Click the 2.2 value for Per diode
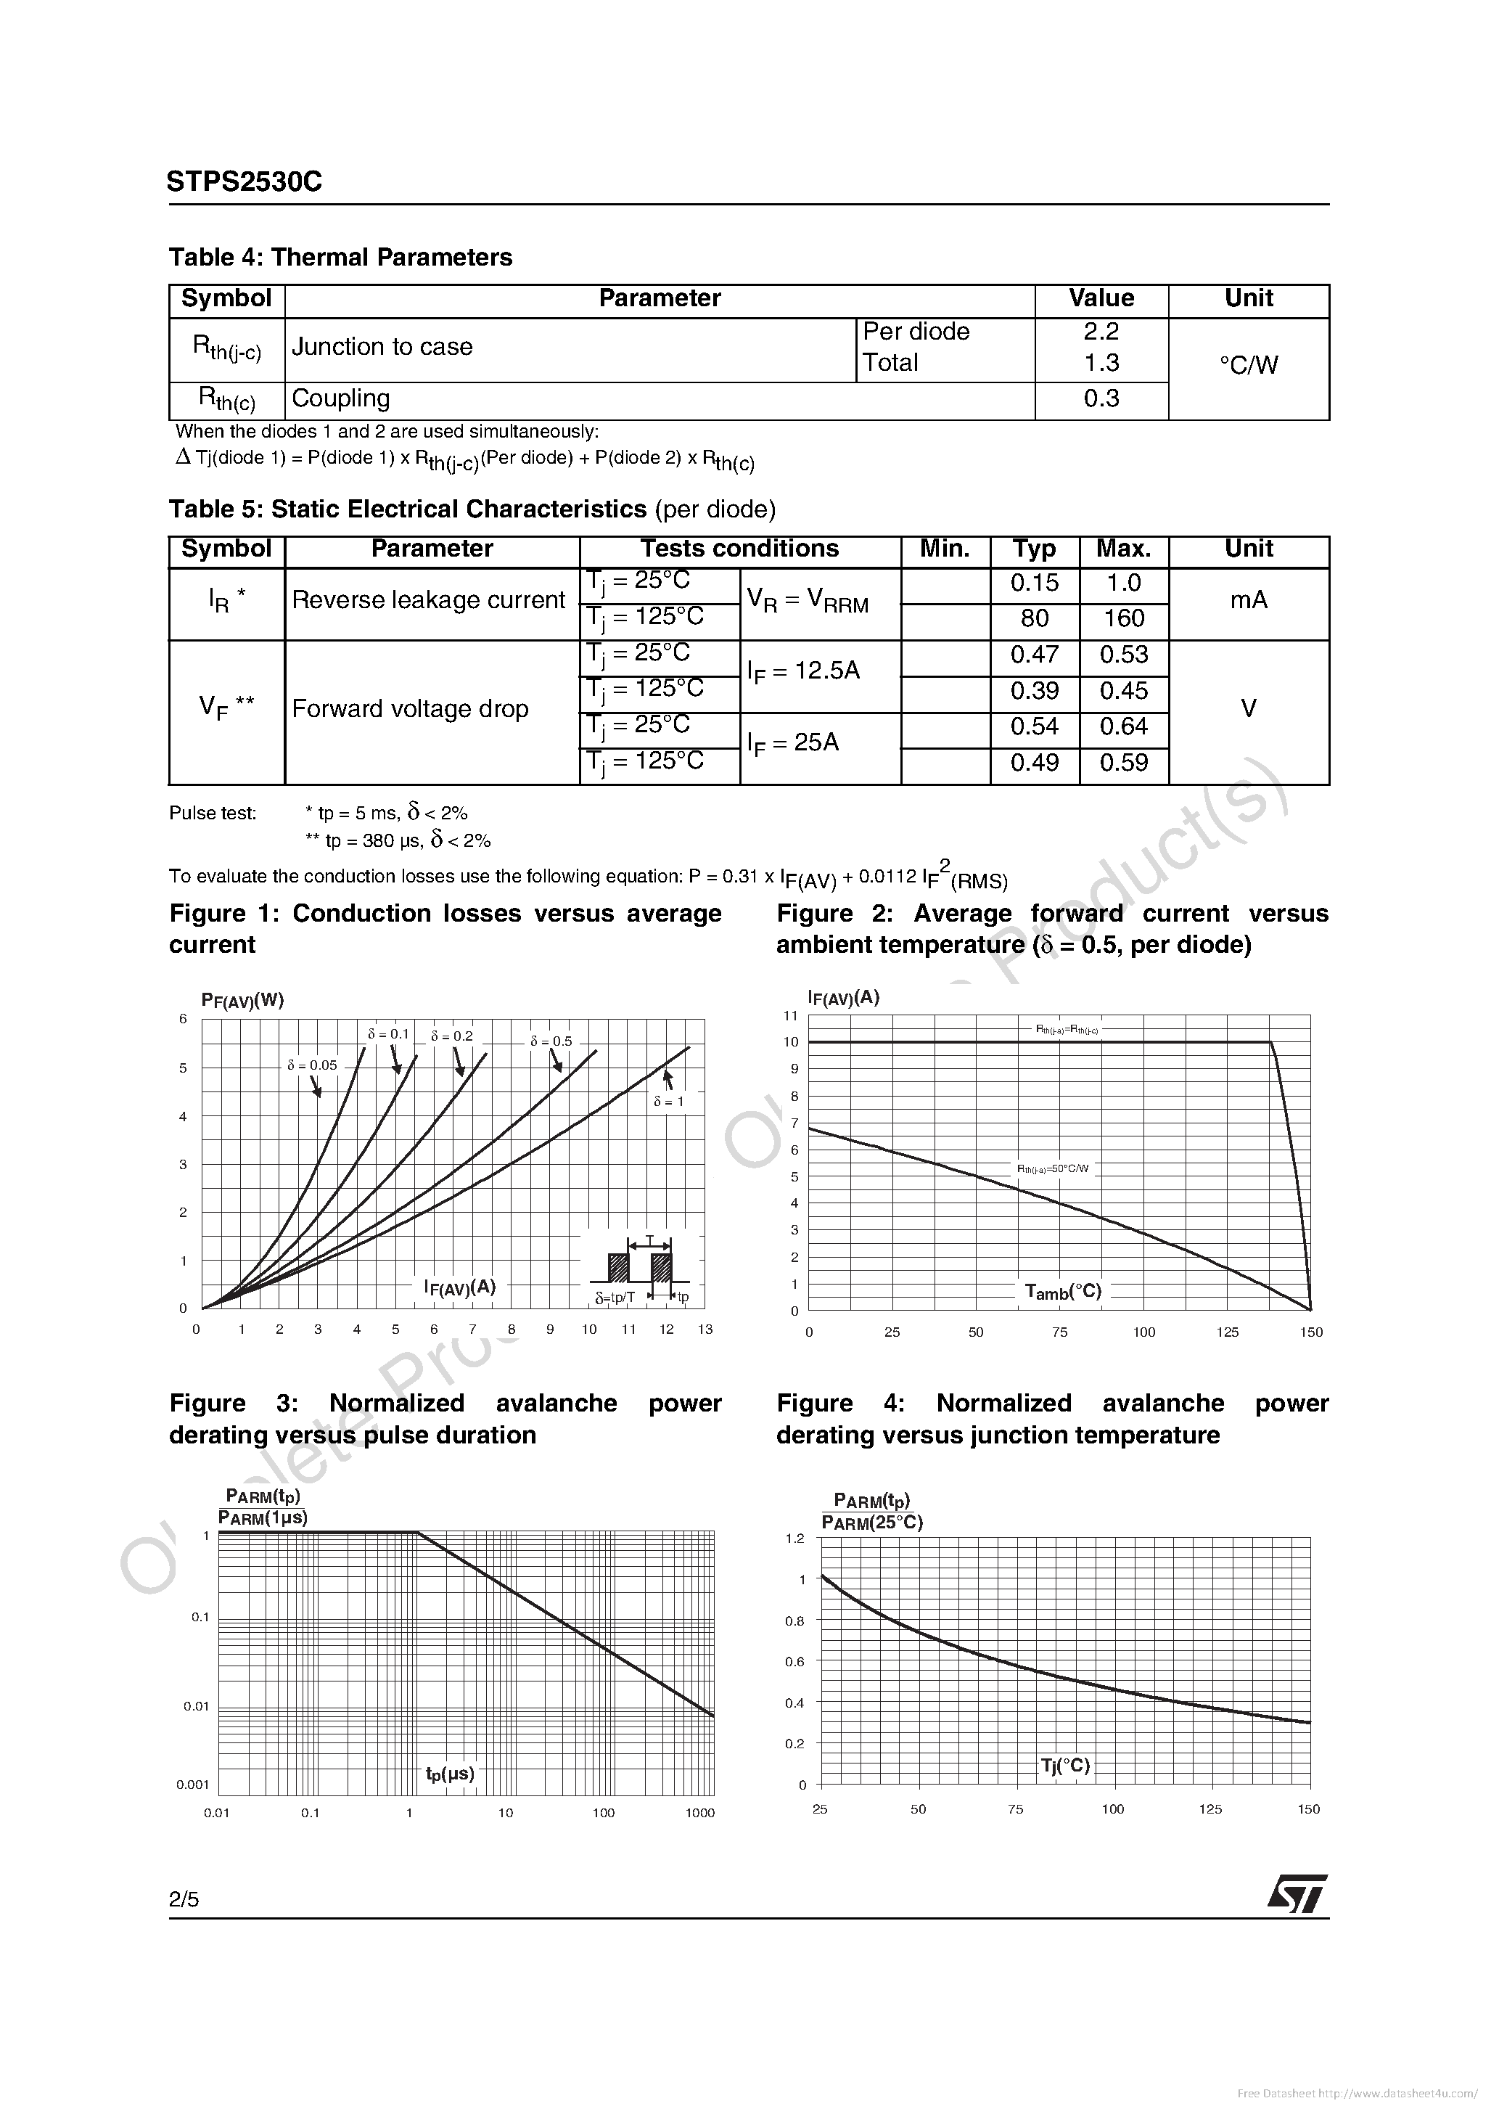point(1101,332)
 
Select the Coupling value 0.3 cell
point(1101,398)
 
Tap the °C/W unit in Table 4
point(1249,365)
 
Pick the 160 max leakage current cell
point(1123,618)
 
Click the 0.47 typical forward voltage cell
point(1034,655)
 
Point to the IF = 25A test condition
point(793,743)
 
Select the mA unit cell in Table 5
point(1249,600)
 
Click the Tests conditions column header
point(739,549)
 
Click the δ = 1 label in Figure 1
point(668,1102)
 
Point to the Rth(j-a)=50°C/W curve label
point(1054,1169)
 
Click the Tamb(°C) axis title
point(1063,1291)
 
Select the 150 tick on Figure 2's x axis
point(1310,1332)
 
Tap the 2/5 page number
point(184,1899)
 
